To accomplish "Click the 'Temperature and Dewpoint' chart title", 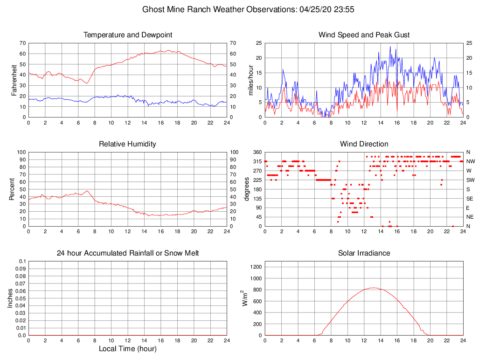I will click(127, 35).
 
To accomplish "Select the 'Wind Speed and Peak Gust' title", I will click(364, 35).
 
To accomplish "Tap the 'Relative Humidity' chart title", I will click(127, 144).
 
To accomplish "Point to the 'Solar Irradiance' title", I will click(364, 253).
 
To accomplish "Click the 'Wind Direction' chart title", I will click(364, 144).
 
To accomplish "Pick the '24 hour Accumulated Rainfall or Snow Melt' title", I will click(127, 253).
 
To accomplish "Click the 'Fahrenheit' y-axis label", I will click(14, 80).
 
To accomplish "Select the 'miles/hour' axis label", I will click(251, 80).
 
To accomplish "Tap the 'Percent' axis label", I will click(12, 189).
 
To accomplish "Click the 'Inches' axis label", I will click(10, 298).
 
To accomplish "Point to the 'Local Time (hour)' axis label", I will click(127, 349).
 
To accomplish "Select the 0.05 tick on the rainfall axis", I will click(21, 298).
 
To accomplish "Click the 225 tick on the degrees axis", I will click(257, 180).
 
